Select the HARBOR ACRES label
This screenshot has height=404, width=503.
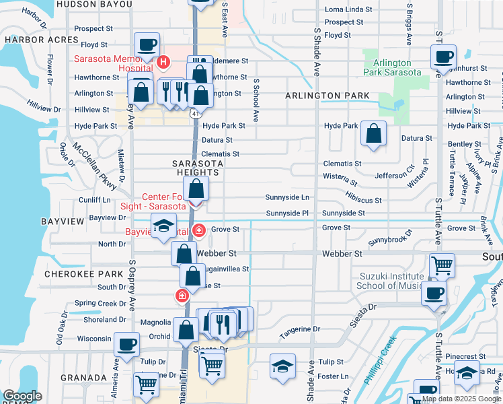(x=32, y=40)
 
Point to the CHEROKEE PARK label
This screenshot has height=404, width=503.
(x=72, y=274)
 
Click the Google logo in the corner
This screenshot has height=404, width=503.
(x=22, y=396)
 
